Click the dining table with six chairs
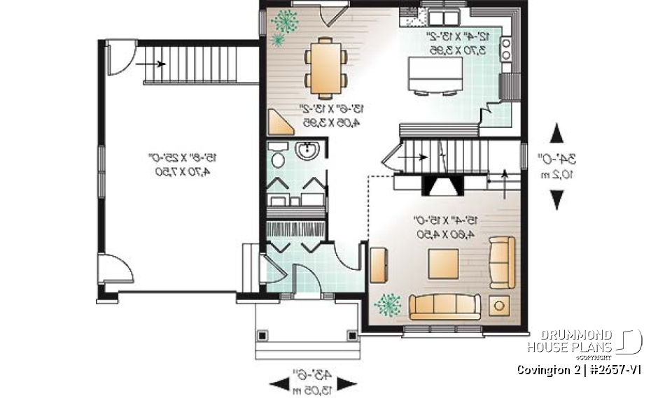326,68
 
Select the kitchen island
435,74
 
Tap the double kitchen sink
444,17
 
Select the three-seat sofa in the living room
445,306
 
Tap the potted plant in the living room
388,305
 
